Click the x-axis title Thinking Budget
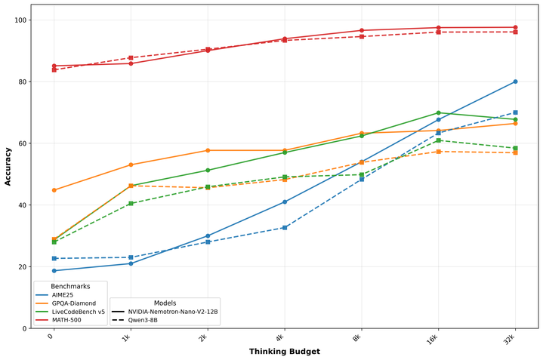coord(285,351)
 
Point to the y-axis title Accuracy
coord(8,167)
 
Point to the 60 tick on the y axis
coord(24,143)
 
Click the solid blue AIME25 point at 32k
coord(515,82)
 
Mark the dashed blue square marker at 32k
coord(515,112)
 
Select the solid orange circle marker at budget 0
coord(54,190)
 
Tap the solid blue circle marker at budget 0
coord(54,271)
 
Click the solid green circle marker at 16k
coord(438,113)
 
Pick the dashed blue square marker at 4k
coord(285,227)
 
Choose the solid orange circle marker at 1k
coord(131,165)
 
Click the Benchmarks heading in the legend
coord(69,288)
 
